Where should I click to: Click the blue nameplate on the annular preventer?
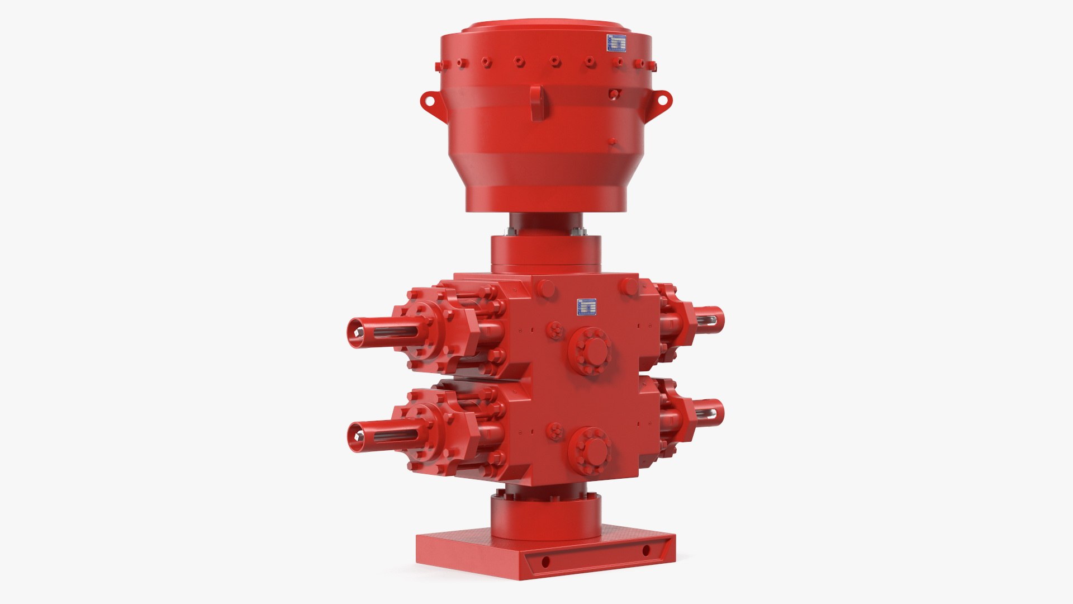pos(617,43)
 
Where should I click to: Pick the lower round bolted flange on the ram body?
pos(590,449)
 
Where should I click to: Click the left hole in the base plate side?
pos(545,561)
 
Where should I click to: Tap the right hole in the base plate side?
pos(646,551)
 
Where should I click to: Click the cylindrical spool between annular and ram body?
pos(546,252)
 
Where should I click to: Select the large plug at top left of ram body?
pos(545,289)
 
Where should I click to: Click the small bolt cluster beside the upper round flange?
pos(555,330)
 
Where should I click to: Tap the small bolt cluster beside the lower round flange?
pos(555,431)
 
